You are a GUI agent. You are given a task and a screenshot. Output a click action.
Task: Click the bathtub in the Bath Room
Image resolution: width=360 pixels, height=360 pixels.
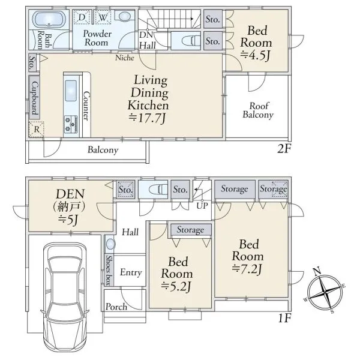pos(49,19)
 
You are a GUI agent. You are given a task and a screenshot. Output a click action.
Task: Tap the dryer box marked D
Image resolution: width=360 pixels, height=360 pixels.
pos(82,17)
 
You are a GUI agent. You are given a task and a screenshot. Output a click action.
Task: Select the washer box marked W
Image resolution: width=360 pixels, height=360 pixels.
pos(103,17)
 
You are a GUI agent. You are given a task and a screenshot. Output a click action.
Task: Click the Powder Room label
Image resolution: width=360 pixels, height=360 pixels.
pos(97,38)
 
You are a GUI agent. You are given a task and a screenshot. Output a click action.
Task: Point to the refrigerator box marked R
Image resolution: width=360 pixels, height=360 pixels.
pos(36,129)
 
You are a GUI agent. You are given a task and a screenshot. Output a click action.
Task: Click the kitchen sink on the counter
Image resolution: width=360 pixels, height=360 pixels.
pos(71,91)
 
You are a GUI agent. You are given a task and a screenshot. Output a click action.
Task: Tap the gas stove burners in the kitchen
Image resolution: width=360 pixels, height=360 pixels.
pos(71,124)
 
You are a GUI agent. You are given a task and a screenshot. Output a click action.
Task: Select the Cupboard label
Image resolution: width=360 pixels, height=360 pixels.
pos(34,98)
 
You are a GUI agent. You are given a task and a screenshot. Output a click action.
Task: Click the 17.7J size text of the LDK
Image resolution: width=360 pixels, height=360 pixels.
pos(147,118)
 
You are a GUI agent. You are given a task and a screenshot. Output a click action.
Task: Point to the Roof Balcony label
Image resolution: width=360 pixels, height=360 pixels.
pos(258,110)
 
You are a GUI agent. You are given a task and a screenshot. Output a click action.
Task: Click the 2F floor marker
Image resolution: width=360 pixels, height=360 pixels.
pos(284,149)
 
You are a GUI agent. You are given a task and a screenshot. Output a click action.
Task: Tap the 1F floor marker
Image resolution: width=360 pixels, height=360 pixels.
pos(284,318)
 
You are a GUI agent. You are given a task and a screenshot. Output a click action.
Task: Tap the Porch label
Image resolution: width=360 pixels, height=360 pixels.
pos(116,307)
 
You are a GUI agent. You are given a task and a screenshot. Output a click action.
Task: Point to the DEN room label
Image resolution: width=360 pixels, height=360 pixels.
pos(70,194)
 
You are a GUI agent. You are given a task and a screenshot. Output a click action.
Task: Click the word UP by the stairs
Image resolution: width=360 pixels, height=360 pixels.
pos(202,206)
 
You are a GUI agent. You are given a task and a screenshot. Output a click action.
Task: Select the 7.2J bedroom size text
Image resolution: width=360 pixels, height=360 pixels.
pos(247,269)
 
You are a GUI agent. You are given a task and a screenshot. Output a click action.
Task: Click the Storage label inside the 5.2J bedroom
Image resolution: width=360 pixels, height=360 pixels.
pos(190,230)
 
